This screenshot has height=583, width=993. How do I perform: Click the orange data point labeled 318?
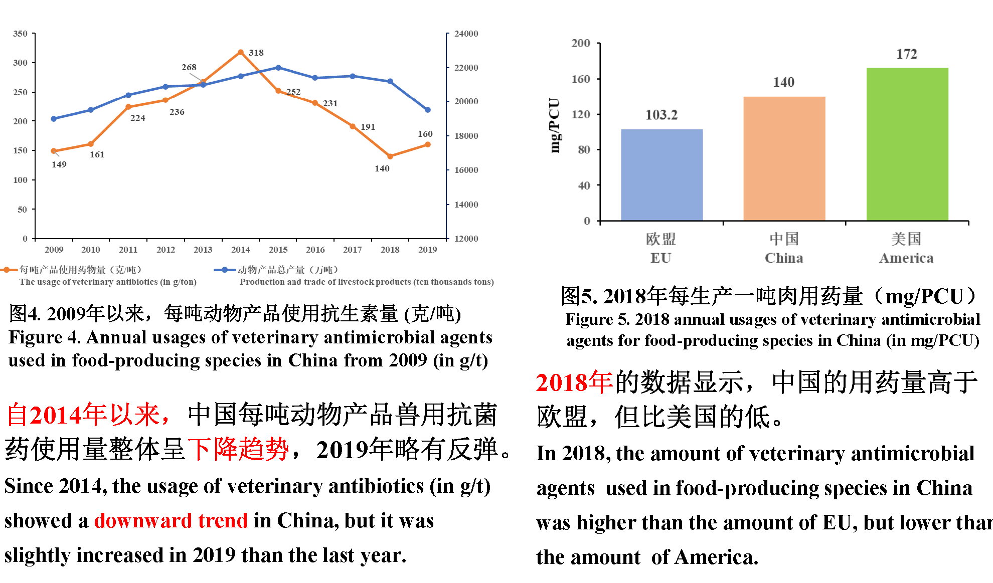pyautogui.click(x=241, y=52)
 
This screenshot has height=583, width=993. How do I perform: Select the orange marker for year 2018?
pyautogui.click(x=390, y=156)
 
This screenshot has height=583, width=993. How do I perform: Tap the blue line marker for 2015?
pyautogui.click(x=278, y=68)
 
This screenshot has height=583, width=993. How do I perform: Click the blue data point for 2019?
pyautogui.click(x=428, y=110)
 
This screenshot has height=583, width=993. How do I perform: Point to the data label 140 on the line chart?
pyautogui.click(x=382, y=169)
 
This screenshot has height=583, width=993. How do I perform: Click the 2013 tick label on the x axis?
pyautogui.click(x=203, y=250)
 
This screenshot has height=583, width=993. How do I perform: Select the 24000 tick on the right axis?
pyautogui.click(x=466, y=34)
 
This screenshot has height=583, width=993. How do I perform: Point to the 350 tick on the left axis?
pyautogui.click(x=20, y=34)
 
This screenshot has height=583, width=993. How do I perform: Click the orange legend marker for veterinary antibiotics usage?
pyautogui.click(x=9, y=270)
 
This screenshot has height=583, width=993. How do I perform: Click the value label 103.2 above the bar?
pyautogui.click(x=661, y=115)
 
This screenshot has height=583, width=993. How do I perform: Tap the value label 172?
pyautogui.click(x=906, y=54)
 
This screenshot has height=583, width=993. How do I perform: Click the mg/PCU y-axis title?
pyautogui.click(x=554, y=125)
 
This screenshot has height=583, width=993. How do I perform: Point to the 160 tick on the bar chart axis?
pyautogui.click(x=581, y=79)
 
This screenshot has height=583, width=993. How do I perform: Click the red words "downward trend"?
pyautogui.click(x=171, y=521)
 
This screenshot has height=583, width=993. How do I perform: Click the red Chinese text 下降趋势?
pyautogui.click(x=238, y=449)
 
